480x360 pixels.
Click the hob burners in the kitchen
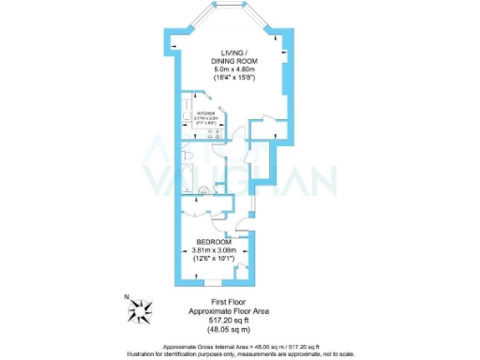(213, 137)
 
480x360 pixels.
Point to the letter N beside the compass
(126, 297)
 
